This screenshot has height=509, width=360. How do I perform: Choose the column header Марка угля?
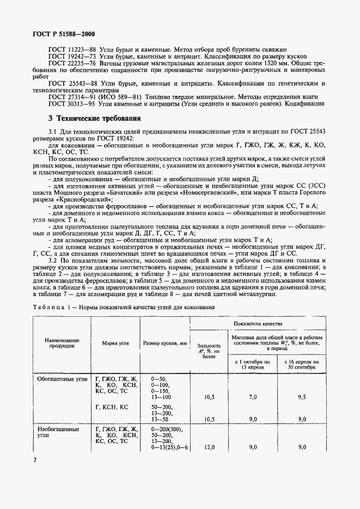(x=115, y=344)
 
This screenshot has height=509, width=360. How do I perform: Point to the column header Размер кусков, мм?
(x=164, y=344)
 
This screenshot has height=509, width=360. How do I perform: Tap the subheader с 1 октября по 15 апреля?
(x=253, y=364)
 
